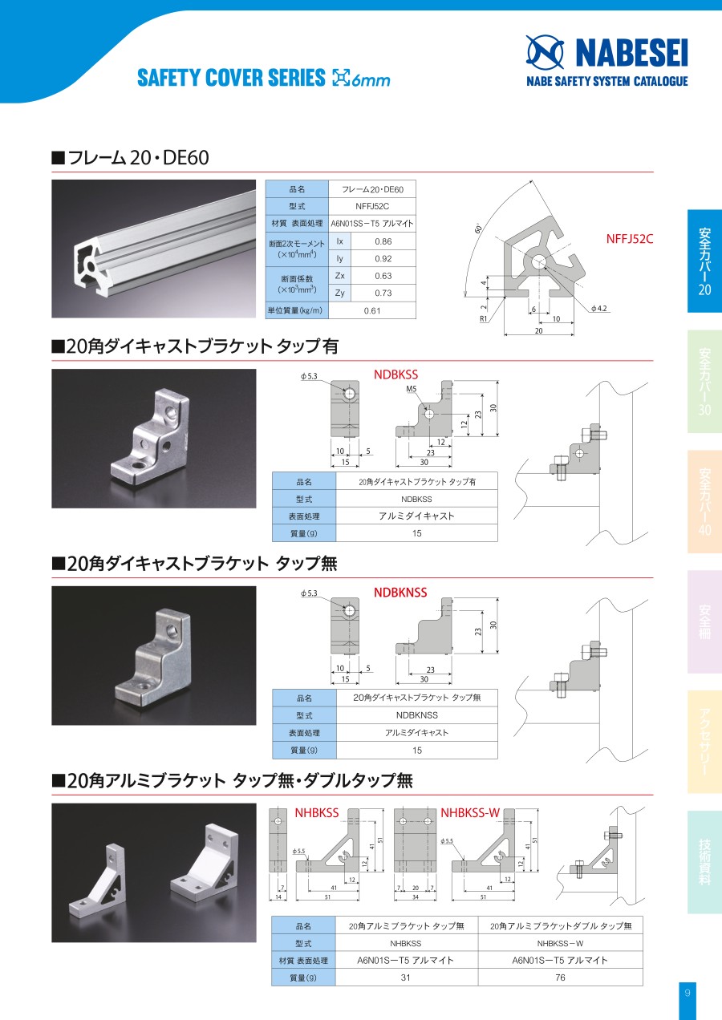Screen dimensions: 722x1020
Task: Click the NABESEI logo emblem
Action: [x=545, y=52]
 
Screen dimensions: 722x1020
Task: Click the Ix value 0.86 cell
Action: [x=383, y=241]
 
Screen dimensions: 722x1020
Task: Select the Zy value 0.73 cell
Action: [x=383, y=293]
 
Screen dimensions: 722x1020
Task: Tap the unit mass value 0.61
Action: [x=372, y=310]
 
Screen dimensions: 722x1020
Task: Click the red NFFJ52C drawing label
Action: [x=630, y=239]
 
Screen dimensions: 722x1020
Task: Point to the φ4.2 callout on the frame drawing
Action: [x=598, y=308]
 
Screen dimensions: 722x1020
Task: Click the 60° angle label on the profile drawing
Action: [x=478, y=229]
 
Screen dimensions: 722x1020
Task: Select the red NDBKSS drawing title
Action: [x=395, y=374]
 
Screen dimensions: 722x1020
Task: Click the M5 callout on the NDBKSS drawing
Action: [x=412, y=388]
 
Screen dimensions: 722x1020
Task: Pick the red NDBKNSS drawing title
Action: [x=400, y=592]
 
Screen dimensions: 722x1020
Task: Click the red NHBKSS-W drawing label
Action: [x=470, y=812]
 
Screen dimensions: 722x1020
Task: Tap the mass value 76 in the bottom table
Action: [x=560, y=977]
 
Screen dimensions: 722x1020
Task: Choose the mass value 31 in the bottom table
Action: [x=405, y=977]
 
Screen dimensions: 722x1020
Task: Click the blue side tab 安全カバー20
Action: [x=704, y=261]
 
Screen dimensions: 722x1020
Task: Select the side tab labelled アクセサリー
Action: [x=704, y=742]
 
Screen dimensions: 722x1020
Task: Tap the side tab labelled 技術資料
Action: [x=704, y=862]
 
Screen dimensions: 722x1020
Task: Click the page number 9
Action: [x=688, y=993]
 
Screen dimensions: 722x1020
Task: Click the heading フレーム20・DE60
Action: [x=130, y=157]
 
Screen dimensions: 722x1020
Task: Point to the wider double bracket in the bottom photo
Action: [x=204, y=860]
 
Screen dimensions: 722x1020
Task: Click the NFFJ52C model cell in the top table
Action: [x=372, y=206]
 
